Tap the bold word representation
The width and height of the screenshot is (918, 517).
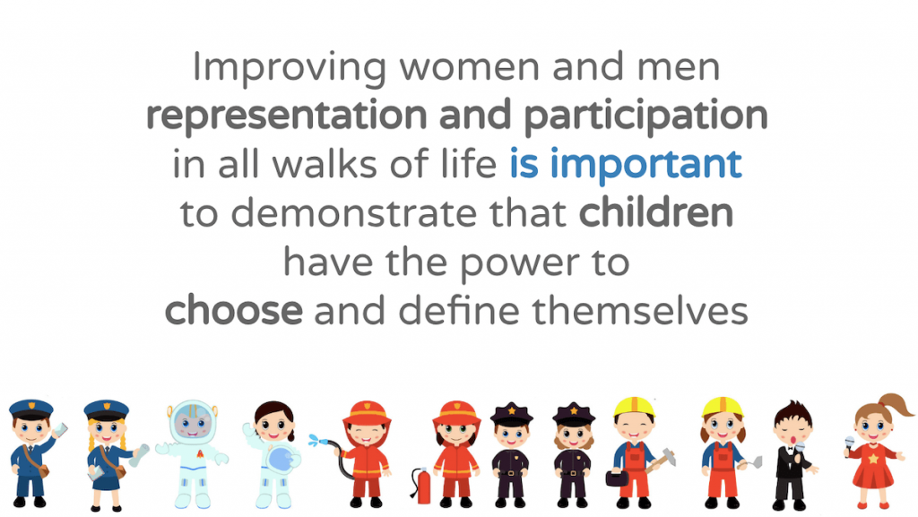click(286, 116)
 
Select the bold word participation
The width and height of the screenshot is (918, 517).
click(645, 116)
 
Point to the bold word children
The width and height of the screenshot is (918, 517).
click(655, 213)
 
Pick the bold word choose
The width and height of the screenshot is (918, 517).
click(234, 311)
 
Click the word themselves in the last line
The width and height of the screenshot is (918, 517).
click(640, 311)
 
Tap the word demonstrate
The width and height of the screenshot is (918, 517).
click(354, 214)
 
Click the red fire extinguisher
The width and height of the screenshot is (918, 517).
click(421, 486)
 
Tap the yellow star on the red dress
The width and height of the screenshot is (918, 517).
click(873, 459)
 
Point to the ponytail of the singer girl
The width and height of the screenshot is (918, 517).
click(896, 405)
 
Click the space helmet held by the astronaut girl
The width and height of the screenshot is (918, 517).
click(281, 459)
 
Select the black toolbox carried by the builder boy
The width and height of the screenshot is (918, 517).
click(617, 478)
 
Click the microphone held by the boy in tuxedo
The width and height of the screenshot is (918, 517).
click(799, 449)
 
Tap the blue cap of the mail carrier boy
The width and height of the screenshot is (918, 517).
click(31, 409)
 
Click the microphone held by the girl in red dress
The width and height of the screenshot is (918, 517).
click(850, 444)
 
